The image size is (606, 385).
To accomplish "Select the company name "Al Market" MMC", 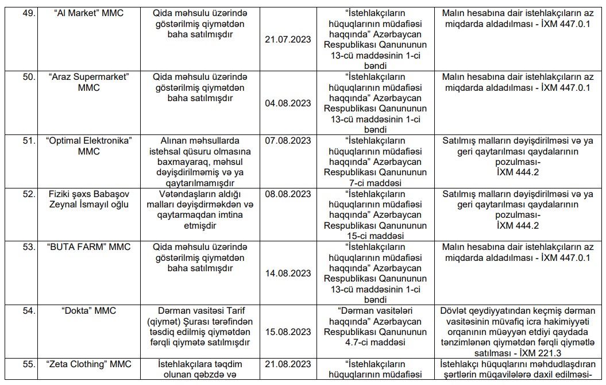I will click(88, 13).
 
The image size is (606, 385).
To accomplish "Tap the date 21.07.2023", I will click(288, 39).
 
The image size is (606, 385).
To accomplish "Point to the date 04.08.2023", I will click(288, 103).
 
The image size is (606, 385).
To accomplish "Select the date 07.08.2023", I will click(288, 140).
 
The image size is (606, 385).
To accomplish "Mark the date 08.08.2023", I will click(288, 194).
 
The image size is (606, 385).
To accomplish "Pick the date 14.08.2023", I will click(288, 274).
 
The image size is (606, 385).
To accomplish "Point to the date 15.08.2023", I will click(288, 332).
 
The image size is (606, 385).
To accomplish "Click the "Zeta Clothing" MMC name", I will click(88, 364).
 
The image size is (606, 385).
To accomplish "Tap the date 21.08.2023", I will click(288, 364).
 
